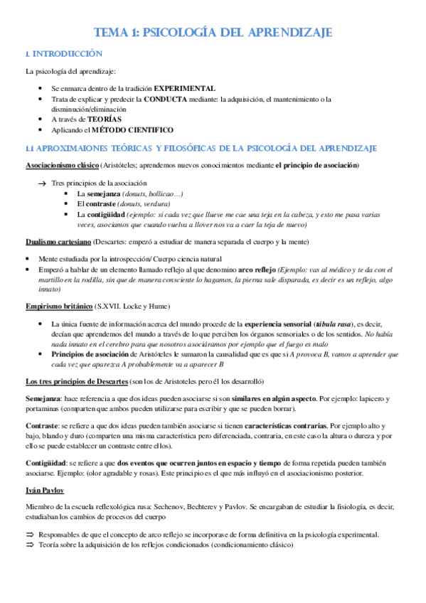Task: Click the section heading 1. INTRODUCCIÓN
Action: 64,54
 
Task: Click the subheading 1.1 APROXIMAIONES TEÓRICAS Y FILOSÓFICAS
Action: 200,148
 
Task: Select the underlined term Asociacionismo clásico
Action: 63,165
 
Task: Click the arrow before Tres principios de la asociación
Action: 42,183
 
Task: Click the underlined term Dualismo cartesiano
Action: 57,242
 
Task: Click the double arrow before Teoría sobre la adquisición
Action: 30,545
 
